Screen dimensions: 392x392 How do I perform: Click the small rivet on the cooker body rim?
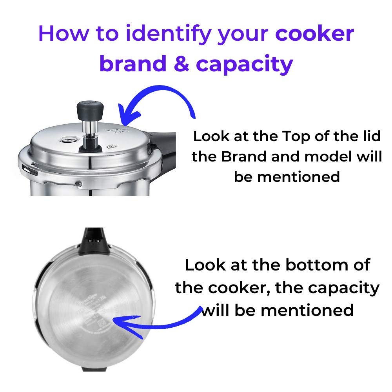click(x=80, y=183)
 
